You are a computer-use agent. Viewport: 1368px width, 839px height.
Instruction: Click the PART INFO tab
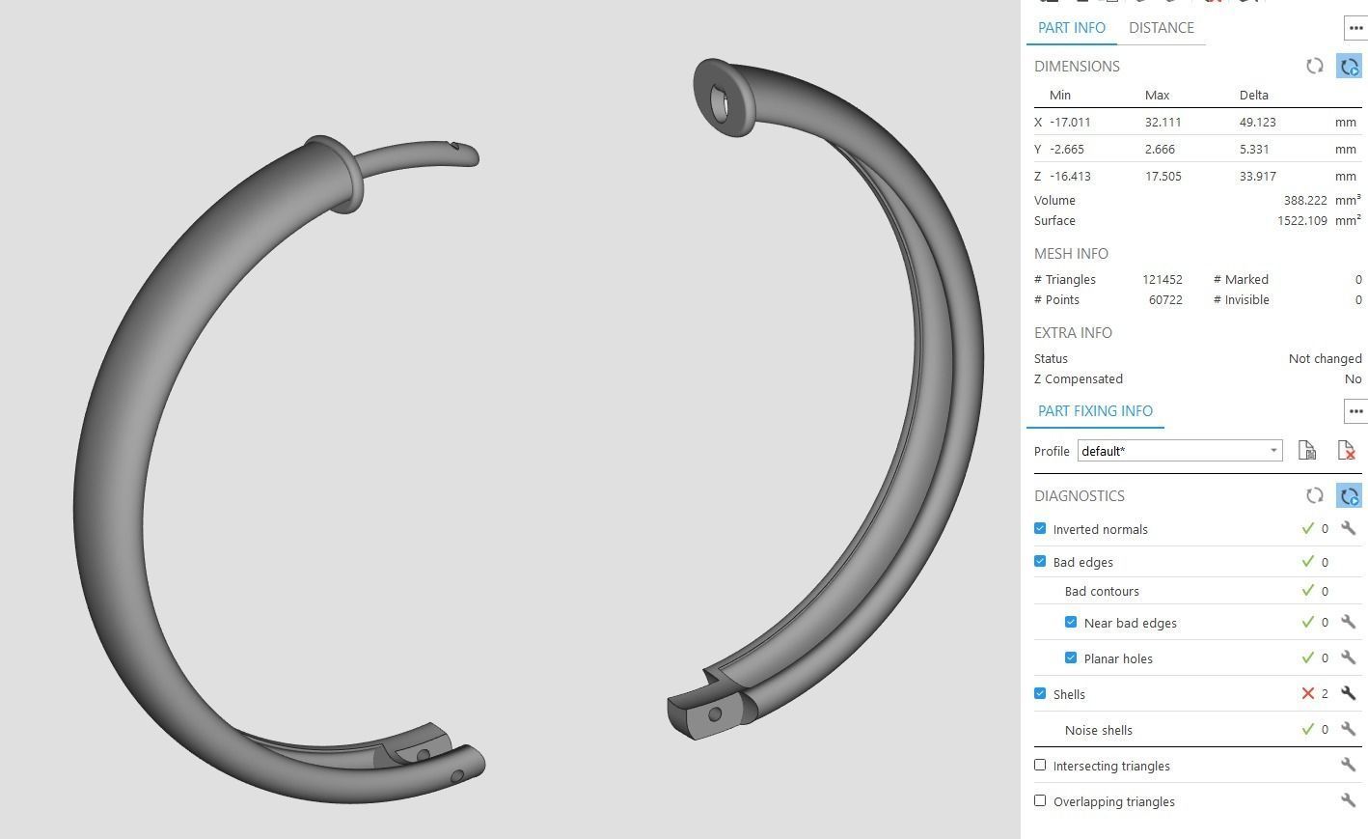1071,28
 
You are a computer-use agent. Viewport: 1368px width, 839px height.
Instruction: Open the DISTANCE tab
1161,28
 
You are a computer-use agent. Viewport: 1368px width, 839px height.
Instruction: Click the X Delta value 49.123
1257,123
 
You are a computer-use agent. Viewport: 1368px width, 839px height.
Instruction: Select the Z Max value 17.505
1163,177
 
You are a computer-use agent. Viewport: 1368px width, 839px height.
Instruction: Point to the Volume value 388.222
1304,201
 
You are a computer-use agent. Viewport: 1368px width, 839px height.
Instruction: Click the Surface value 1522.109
1301,221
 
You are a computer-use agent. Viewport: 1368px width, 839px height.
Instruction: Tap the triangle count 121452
1162,280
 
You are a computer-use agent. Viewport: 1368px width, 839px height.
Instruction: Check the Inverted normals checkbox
1040,529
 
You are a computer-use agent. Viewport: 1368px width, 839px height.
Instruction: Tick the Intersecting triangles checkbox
1040,766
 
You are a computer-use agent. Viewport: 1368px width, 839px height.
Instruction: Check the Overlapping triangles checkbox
1040,801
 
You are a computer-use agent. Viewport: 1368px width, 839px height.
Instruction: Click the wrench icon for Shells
1348,693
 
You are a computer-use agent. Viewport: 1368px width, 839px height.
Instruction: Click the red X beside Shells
1308,693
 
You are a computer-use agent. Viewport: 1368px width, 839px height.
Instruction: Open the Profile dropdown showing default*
1179,451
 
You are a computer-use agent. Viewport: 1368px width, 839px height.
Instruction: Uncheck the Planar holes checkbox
1071,658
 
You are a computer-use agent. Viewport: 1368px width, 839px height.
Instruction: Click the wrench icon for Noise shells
1348,729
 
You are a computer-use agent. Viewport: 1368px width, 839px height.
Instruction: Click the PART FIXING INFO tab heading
1095,411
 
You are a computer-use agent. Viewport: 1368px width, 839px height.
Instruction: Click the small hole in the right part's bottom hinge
715,714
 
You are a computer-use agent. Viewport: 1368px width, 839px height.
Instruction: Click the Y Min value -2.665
1066,150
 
